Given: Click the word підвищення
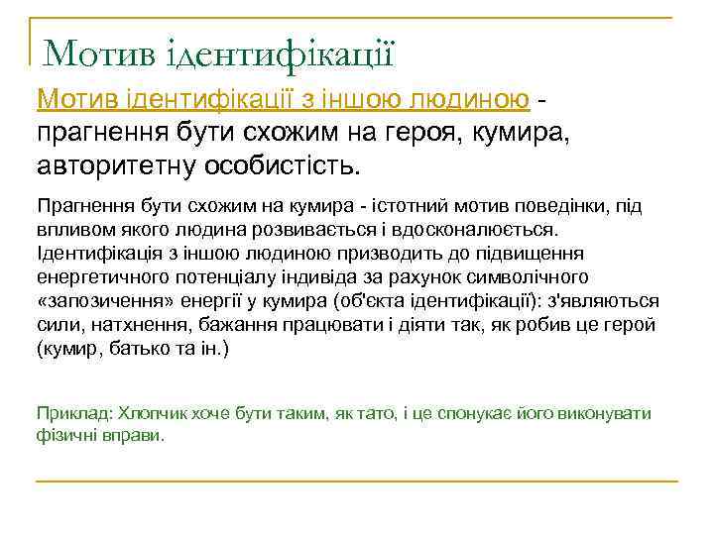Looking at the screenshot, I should point(539,253).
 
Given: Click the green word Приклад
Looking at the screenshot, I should point(66,413).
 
